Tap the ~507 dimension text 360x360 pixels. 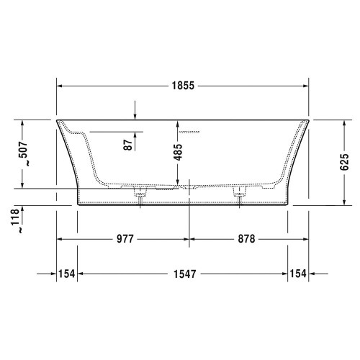click(x=24, y=153)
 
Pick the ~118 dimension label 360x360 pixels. click(x=15, y=220)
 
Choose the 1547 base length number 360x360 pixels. click(x=184, y=274)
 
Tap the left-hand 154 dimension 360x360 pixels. click(x=66, y=274)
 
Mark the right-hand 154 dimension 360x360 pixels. click(x=297, y=274)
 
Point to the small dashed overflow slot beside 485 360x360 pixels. click(x=192, y=132)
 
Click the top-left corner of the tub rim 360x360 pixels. click(x=57, y=120)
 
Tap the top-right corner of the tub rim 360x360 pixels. click(x=310, y=120)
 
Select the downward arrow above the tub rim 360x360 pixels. click(x=135, y=114)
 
